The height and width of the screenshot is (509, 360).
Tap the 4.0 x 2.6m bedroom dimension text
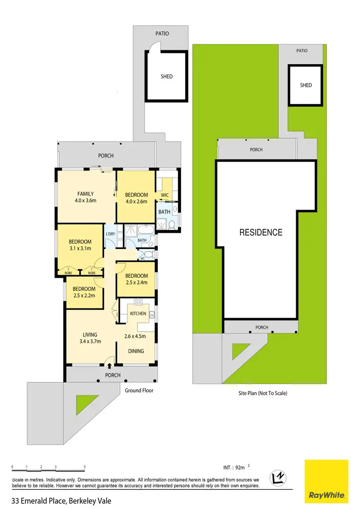point(136,201)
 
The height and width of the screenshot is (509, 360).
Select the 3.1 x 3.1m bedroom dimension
point(79,249)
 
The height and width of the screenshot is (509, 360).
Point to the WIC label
point(164,195)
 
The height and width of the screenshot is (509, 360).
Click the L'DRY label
point(110,234)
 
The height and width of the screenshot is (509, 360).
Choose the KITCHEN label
point(138,313)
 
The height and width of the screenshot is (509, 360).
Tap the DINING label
point(136,351)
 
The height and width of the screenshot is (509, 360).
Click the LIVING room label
point(90,334)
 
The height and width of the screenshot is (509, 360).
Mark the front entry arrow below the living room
point(109,366)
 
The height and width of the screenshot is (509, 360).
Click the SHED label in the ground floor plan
point(167,76)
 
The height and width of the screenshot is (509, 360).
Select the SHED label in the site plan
point(306,85)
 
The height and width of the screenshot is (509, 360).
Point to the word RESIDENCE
point(261,233)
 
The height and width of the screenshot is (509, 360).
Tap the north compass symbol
point(278,478)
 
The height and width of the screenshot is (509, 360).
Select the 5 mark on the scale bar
point(85,467)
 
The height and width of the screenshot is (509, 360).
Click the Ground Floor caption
point(139,391)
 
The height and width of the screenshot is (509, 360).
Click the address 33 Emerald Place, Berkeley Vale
point(61,501)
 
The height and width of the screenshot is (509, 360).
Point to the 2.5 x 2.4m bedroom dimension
point(136,283)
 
